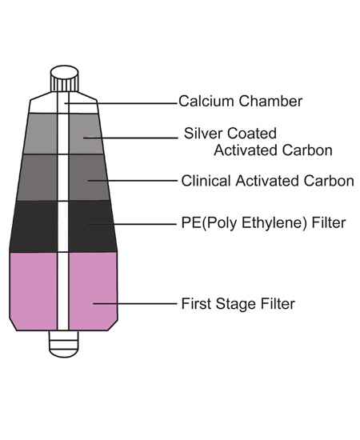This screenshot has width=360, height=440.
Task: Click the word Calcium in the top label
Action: (x=207, y=101)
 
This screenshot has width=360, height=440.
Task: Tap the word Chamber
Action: (x=271, y=101)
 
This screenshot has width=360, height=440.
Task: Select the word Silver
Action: (x=203, y=134)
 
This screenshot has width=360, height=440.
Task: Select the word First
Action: (x=197, y=304)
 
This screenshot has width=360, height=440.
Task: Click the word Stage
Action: (x=236, y=304)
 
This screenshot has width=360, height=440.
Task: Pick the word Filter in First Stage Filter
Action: (x=278, y=304)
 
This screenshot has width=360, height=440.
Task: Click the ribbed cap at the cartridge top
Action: (x=64, y=78)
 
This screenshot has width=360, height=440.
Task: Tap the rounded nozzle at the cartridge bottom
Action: (x=64, y=344)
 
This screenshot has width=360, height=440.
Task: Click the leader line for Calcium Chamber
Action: (x=121, y=103)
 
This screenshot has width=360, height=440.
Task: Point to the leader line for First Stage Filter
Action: (x=135, y=303)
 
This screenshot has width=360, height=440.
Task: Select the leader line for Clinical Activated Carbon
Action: (x=133, y=181)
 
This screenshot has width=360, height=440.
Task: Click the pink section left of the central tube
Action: (x=34, y=290)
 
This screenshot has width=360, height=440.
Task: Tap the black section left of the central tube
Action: (x=34, y=226)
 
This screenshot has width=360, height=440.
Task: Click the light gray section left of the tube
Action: (x=41, y=134)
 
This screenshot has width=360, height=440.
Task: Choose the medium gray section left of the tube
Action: (x=38, y=178)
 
